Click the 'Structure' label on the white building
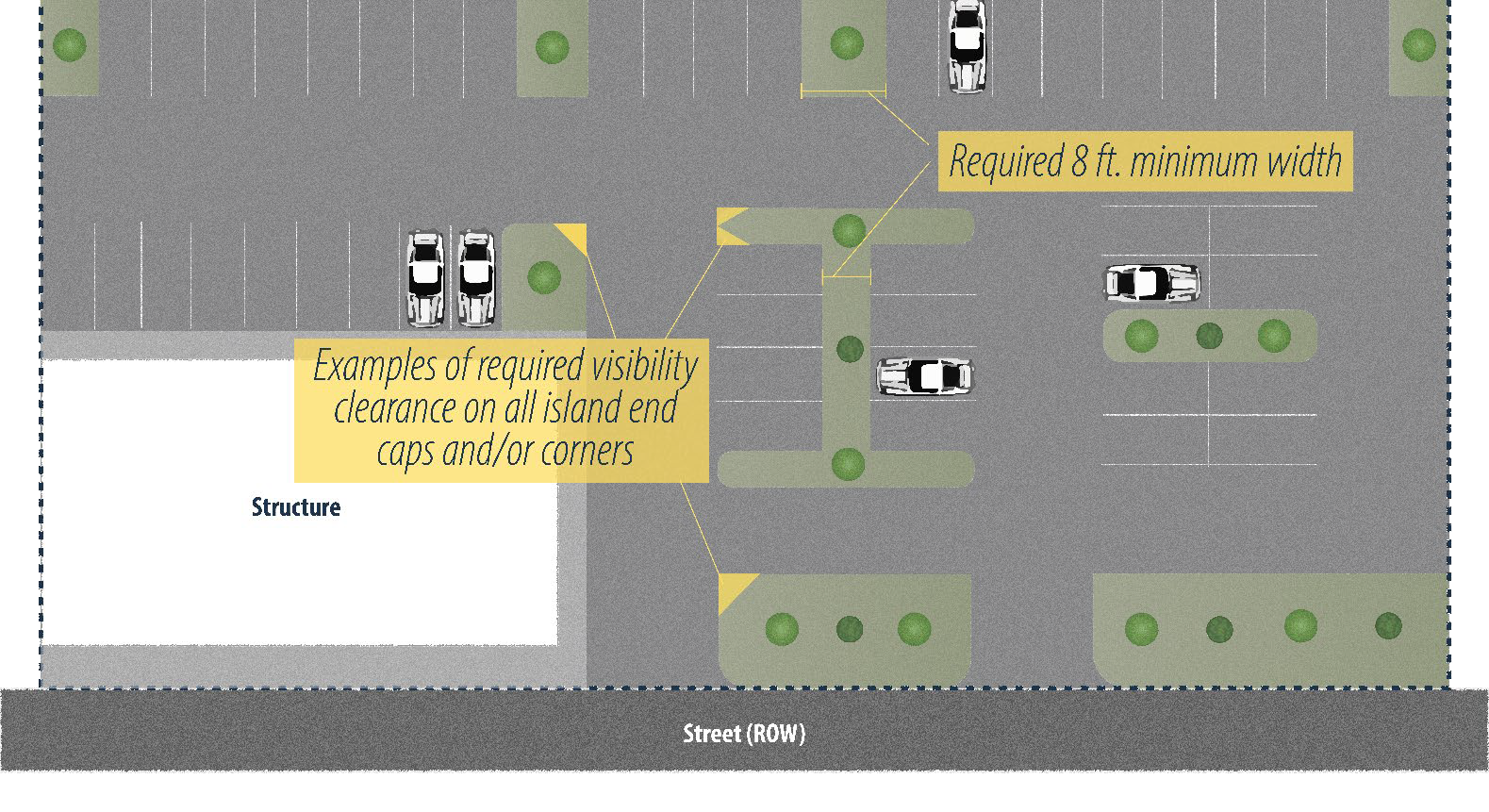(295, 507)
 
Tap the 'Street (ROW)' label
(744, 734)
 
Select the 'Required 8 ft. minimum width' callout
(1145, 161)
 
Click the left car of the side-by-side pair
(425, 278)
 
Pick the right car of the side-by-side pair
(475, 278)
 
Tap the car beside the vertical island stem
(924, 375)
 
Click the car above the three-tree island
(1151, 282)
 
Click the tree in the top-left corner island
(69, 44)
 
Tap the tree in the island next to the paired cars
(543, 277)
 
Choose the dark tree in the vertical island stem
(850, 349)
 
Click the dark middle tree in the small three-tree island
(1209, 335)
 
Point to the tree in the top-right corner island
(1418, 44)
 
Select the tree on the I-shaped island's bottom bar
(848, 464)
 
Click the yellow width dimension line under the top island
(843, 92)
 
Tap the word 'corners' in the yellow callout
(587, 451)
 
